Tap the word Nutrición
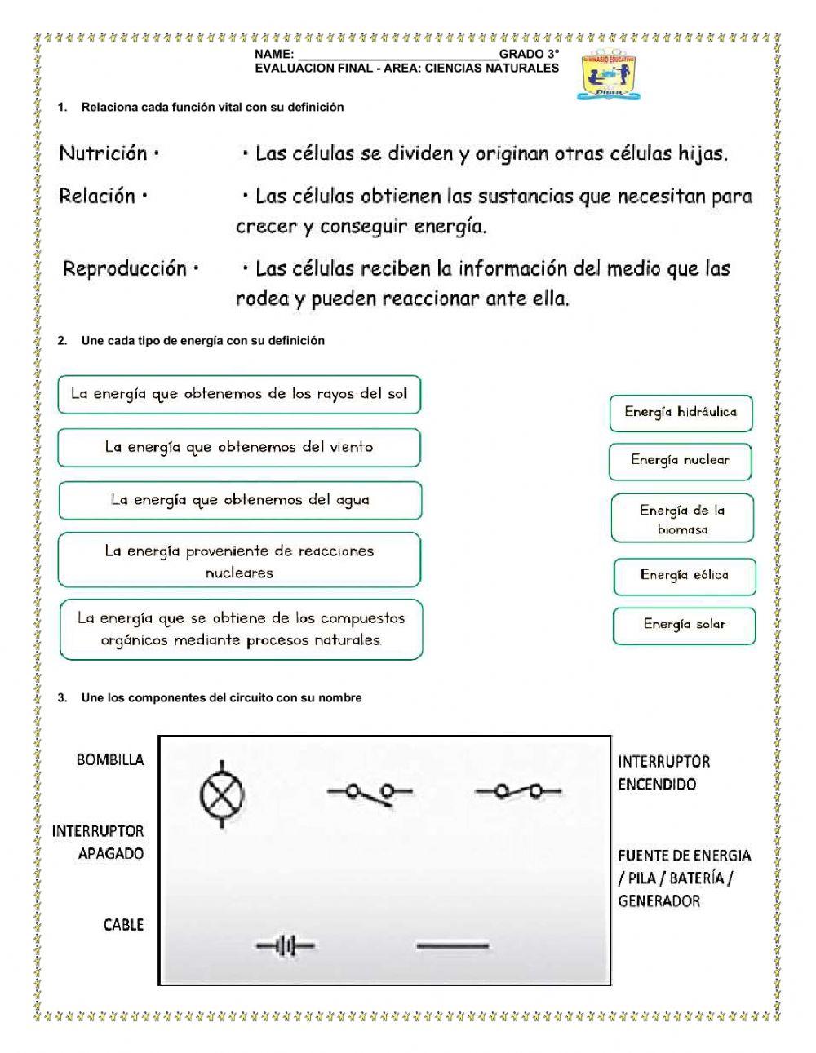(x=104, y=153)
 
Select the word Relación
(x=97, y=196)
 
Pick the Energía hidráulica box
(x=681, y=413)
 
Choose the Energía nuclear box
(x=680, y=461)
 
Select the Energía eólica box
(x=684, y=576)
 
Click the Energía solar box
(x=684, y=625)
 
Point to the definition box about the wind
(x=239, y=448)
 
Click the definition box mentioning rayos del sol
(x=239, y=395)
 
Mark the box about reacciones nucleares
(x=239, y=561)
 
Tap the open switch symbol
(x=369, y=792)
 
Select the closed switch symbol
(x=517, y=791)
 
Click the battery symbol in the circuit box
(x=285, y=946)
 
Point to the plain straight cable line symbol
(x=453, y=946)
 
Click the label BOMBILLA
(x=110, y=760)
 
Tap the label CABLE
(x=123, y=925)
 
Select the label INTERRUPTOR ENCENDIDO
(x=663, y=773)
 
